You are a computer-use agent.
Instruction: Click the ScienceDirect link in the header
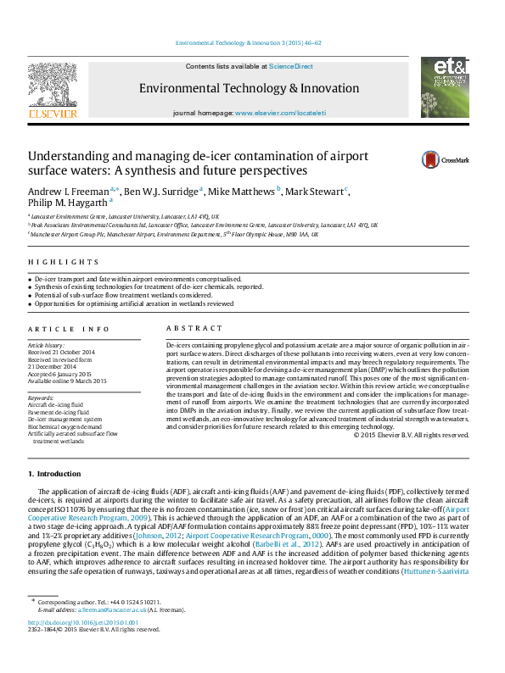[x=290, y=66]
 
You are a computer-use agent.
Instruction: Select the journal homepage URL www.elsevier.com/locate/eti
[x=280, y=113]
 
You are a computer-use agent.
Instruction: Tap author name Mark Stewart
[x=314, y=192]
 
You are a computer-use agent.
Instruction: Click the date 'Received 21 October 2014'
[x=73, y=352]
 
